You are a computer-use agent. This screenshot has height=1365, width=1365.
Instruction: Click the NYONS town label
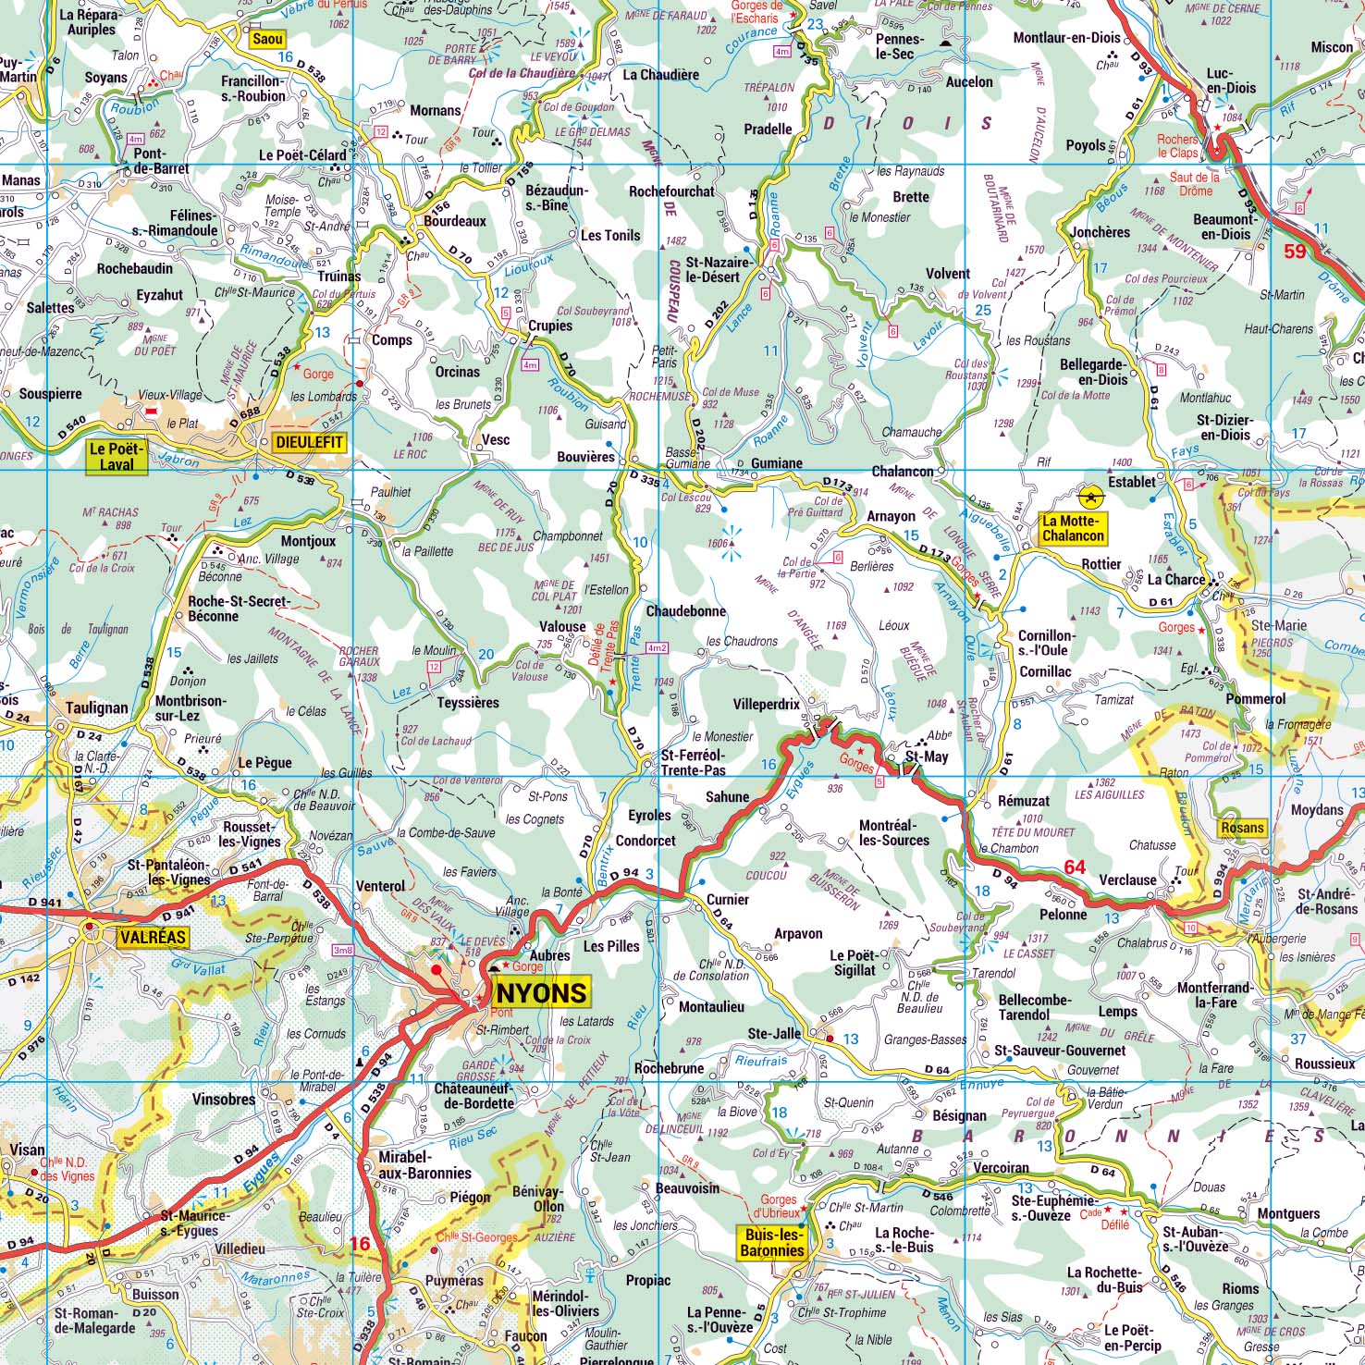(x=542, y=992)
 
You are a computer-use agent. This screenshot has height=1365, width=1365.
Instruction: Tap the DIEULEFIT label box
(x=309, y=443)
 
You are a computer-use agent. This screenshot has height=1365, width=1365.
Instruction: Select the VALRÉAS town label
(x=153, y=938)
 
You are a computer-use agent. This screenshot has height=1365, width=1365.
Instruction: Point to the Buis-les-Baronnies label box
(x=771, y=1241)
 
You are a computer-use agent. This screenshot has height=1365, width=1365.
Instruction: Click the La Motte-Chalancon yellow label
(x=1073, y=528)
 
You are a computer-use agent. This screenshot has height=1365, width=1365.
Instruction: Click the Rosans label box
(x=1241, y=827)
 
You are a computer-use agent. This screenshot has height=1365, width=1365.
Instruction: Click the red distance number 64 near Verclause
(x=1075, y=867)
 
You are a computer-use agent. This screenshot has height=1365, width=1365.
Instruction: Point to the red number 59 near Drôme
(x=1295, y=251)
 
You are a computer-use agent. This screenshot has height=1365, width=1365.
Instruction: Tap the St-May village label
(x=927, y=757)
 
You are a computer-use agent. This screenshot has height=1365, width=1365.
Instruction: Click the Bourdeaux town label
(x=455, y=221)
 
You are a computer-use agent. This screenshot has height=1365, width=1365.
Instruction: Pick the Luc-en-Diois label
(x=1231, y=80)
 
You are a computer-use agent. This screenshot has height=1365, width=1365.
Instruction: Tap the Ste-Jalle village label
(x=773, y=1033)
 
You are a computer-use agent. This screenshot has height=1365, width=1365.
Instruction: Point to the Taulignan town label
(x=97, y=707)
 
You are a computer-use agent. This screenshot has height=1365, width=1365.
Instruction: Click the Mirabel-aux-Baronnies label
(x=425, y=1165)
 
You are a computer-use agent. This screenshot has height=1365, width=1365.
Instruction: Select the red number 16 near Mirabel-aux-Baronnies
(x=360, y=1244)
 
